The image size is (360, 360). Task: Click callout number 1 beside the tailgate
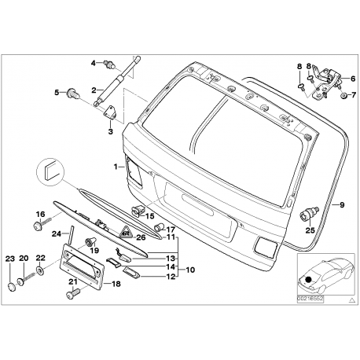pyautogui.click(x=115, y=166)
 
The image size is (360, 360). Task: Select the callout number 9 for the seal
pyautogui.click(x=342, y=204)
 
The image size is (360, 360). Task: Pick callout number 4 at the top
pyautogui.click(x=93, y=62)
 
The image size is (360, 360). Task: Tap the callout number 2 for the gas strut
pyautogui.click(x=93, y=90)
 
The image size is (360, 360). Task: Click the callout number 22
pyautogui.click(x=41, y=259)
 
